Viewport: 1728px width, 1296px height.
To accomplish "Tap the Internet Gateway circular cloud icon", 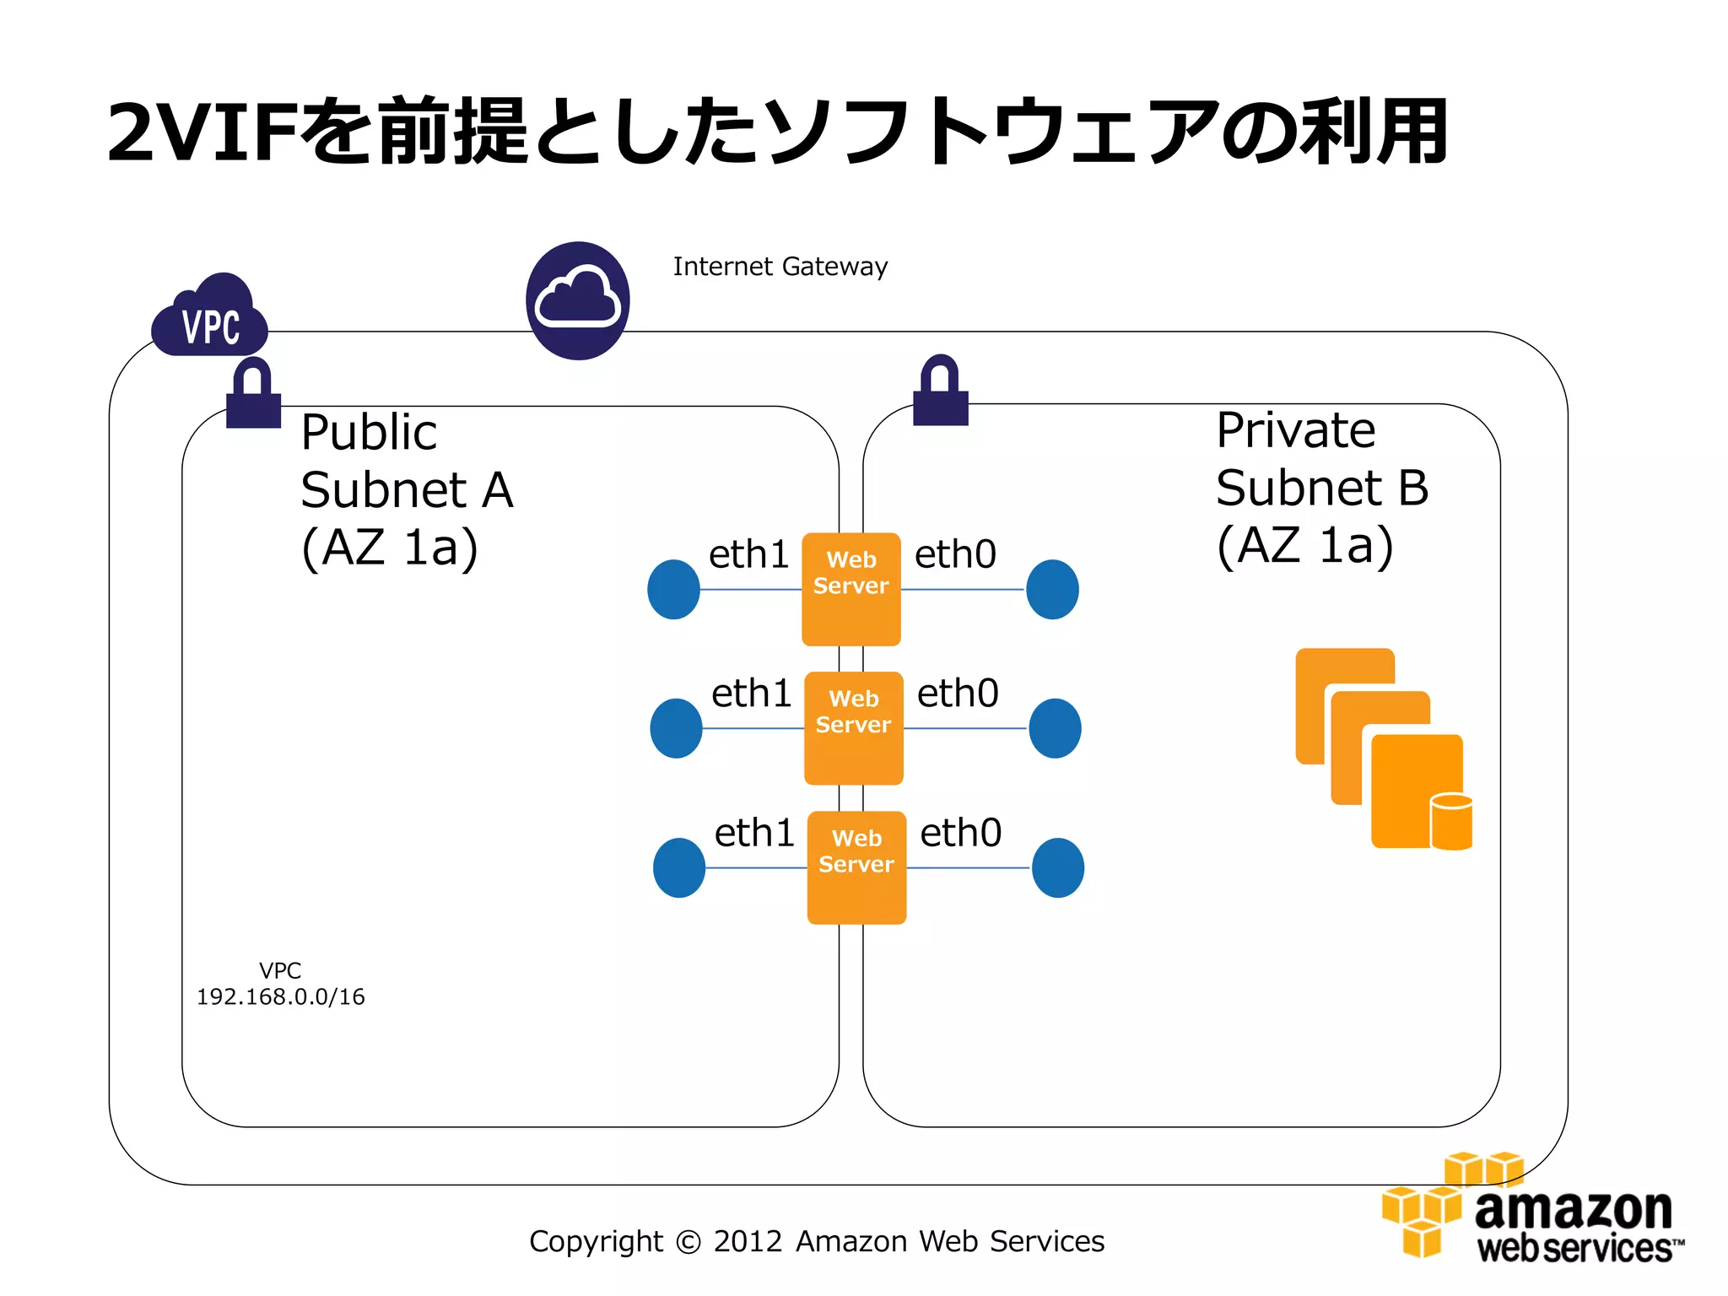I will (578, 301).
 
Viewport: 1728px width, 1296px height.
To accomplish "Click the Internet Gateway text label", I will (780, 267).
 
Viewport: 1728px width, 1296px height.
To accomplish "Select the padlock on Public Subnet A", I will (253, 393).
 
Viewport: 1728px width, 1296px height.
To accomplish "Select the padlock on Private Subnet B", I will (941, 391).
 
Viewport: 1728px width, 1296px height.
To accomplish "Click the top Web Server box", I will (850, 589).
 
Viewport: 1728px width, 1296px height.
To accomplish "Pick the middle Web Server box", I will (853, 728).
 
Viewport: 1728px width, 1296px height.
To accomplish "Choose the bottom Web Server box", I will (856, 867).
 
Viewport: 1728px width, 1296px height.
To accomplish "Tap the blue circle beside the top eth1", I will (673, 589).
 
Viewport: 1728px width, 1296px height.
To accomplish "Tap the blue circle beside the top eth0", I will (1052, 589).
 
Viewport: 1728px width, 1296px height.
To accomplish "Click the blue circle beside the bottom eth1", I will (679, 867).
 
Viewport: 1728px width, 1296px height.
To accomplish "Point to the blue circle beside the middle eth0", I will (1055, 728).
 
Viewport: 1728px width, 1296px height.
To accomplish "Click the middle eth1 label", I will (751, 694).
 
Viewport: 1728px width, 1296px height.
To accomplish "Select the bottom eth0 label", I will (960, 833).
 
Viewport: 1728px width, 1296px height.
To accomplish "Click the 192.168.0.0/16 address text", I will (281, 996).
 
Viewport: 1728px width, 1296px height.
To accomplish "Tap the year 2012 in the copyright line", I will (748, 1241).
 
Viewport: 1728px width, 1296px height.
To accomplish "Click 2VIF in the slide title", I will (202, 132).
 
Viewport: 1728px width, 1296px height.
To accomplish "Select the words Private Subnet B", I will (1321, 460).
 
